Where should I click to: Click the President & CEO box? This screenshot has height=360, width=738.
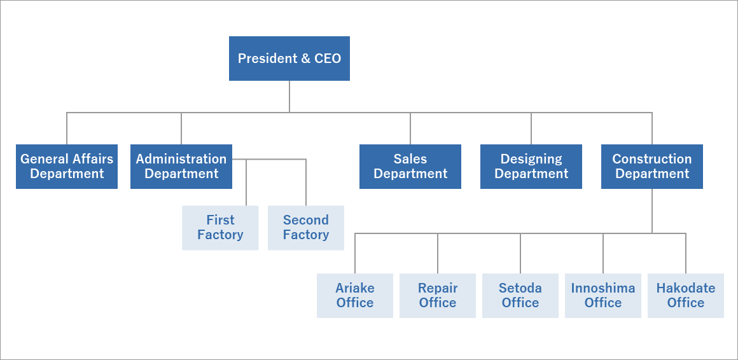pyautogui.click(x=289, y=59)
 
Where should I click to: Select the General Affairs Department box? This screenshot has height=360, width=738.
pyautogui.click(x=67, y=167)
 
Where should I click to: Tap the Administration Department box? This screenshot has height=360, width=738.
pyautogui.click(x=181, y=167)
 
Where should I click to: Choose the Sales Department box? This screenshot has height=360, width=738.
pyautogui.click(x=410, y=167)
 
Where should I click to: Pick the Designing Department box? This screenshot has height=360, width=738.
pyautogui.click(x=531, y=167)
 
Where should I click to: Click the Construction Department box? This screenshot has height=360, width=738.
pyautogui.click(x=652, y=167)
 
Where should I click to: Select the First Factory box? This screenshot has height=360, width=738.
pyautogui.click(x=220, y=228)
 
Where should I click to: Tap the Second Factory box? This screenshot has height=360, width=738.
pyautogui.click(x=306, y=228)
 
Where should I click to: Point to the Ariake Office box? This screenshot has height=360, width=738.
pyautogui.click(x=355, y=296)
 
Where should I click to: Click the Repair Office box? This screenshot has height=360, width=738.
pyautogui.click(x=438, y=296)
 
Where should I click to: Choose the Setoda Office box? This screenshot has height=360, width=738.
pyautogui.click(x=520, y=296)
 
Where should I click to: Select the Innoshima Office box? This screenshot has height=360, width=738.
pyautogui.click(x=603, y=296)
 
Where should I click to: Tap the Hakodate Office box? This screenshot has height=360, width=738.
pyautogui.click(x=686, y=296)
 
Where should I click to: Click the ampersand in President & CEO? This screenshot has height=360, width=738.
pyautogui.click(x=305, y=59)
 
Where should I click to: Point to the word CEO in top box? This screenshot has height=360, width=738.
pyautogui.click(x=328, y=59)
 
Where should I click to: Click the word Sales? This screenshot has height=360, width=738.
pyautogui.click(x=410, y=159)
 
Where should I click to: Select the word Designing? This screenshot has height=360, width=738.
pyautogui.click(x=531, y=159)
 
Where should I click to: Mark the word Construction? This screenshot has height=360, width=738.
pyautogui.click(x=652, y=159)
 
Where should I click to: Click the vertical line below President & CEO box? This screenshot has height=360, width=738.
pyautogui.click(x=289, y=96)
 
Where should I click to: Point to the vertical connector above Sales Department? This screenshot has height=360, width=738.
pyautogui.click(x=410, y=128)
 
